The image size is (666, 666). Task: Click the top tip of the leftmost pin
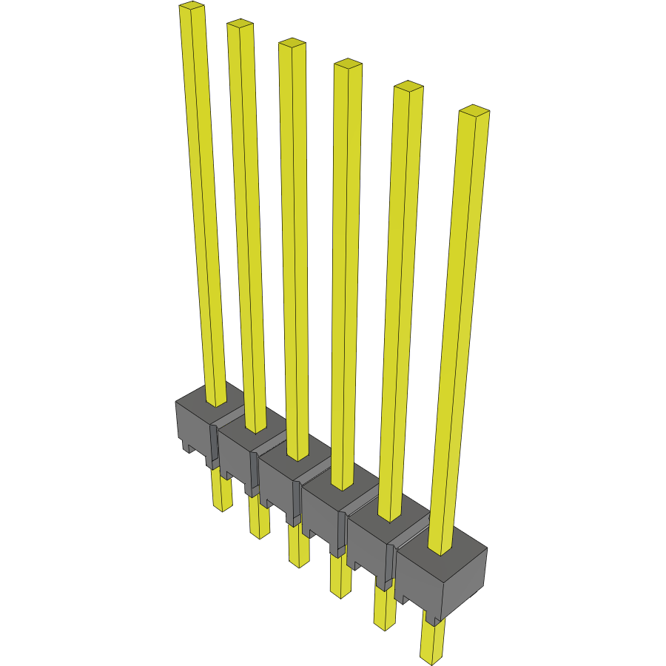click(x=191, y=7)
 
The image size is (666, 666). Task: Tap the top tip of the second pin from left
click(x=240, y=24)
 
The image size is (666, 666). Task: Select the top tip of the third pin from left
click(x=292, y=44)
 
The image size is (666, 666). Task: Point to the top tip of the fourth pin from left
click(x=347, y=64)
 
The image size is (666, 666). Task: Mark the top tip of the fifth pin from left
click(x=408, y=87)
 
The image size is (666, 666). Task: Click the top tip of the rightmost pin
click(x=474, y=112)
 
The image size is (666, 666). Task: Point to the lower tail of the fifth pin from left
click(x=385, y=610)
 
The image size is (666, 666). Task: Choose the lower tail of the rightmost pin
click(x=431, y=640)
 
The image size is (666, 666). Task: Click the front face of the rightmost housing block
click(x=418, y=577)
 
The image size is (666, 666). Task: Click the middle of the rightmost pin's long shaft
click(x=460, y=333)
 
